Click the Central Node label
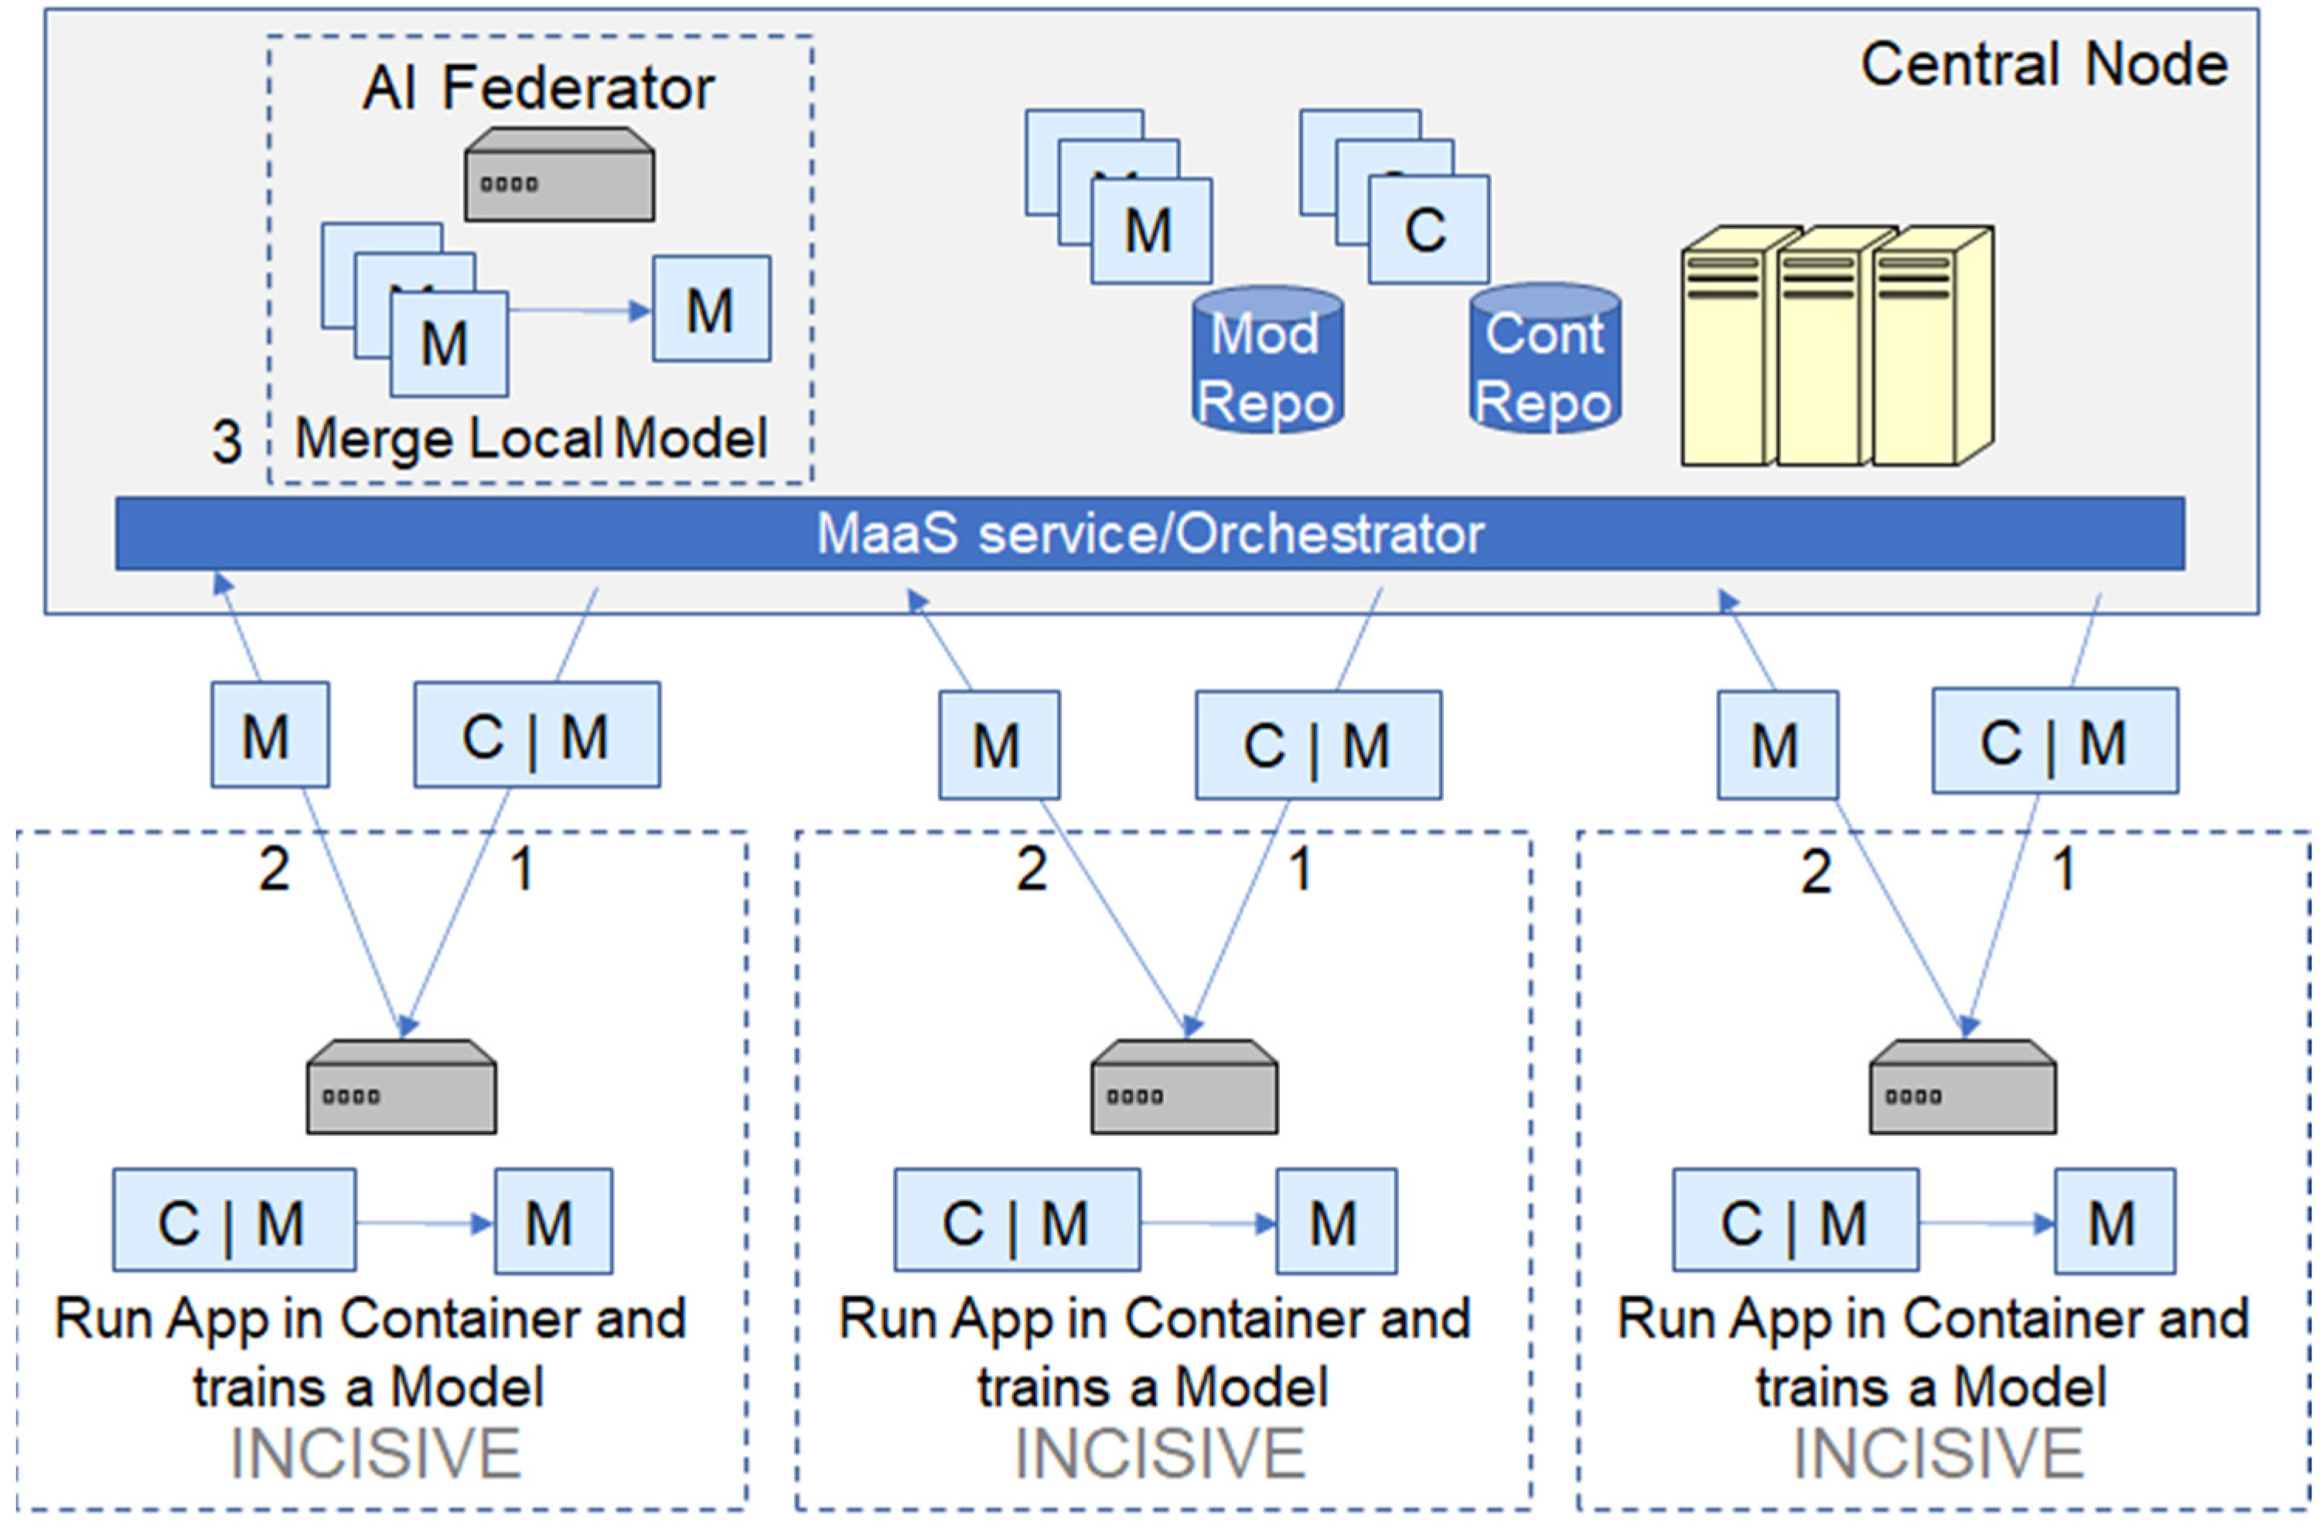coord(2043,66)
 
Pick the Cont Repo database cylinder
coord(1544,359)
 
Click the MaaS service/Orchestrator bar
coord(1149,534)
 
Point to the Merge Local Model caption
coord(531,439)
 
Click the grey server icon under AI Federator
coord(559,176)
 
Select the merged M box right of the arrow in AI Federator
coord(711,309)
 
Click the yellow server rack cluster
coord(1835,347)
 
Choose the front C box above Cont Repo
coord(1428,231)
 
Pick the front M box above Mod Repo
coord(1151,231)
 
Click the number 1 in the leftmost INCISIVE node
coord(522,868)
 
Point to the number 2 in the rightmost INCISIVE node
coord(1816,871)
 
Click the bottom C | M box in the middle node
coord(1016,1221)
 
